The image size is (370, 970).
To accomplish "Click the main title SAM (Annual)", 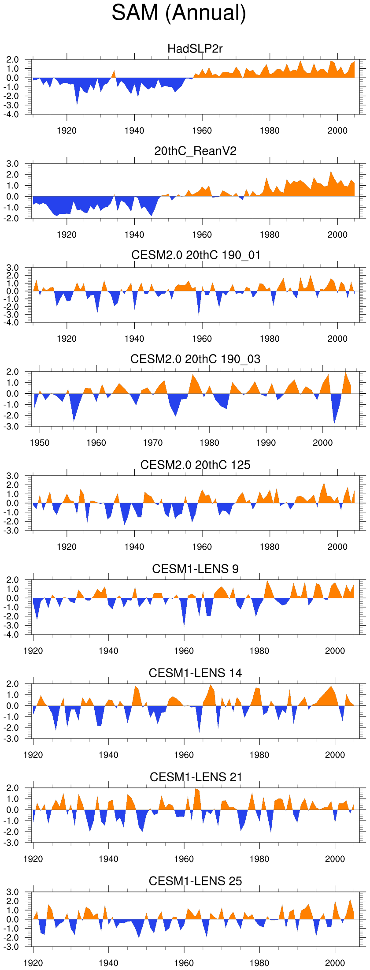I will (178, 12).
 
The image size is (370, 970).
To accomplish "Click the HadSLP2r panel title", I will (195, 48).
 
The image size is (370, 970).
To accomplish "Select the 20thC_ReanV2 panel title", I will (195, 151).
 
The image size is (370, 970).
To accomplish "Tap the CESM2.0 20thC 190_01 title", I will (196, 255).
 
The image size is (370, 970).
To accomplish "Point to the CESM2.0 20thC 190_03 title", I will (195, 359).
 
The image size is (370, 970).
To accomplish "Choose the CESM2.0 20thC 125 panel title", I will (195, 465).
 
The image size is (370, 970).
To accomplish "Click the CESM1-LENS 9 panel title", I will (195, 569).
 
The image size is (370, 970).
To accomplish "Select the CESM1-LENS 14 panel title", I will (195, 673).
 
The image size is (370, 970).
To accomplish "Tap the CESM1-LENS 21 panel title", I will (196, 777).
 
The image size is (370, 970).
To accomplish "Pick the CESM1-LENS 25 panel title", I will (195, 881).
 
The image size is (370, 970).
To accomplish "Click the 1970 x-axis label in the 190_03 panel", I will (153, 443).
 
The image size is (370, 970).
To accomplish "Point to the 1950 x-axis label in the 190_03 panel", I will (40, 443).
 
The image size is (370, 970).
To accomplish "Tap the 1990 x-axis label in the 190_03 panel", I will (266, 443).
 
